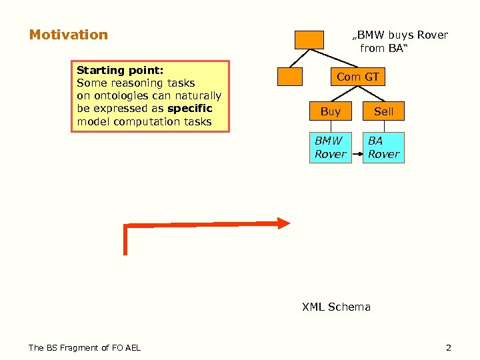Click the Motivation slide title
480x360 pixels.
point(68,35)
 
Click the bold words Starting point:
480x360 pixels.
point(121,70)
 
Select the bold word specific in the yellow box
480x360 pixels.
point(190,109)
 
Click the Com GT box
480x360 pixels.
point(357,77)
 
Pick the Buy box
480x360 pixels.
point(331,112)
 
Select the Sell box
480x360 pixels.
point(384,112)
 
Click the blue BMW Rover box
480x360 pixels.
point(331,147)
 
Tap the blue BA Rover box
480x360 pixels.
point(384,147)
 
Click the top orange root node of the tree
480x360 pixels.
point(310,39)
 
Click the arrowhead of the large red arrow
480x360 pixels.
point(284,223)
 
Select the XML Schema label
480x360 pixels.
point(336,307)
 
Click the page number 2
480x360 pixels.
point(448,347)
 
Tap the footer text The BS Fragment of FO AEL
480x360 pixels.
point(85,347)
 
